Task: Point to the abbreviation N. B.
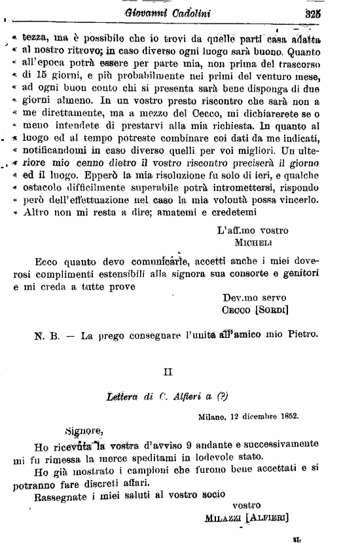click(46, 335)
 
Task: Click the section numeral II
click(168, 372)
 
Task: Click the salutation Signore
click(83, 430)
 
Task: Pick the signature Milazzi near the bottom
click(220, 517)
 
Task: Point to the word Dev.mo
click(238, 297)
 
